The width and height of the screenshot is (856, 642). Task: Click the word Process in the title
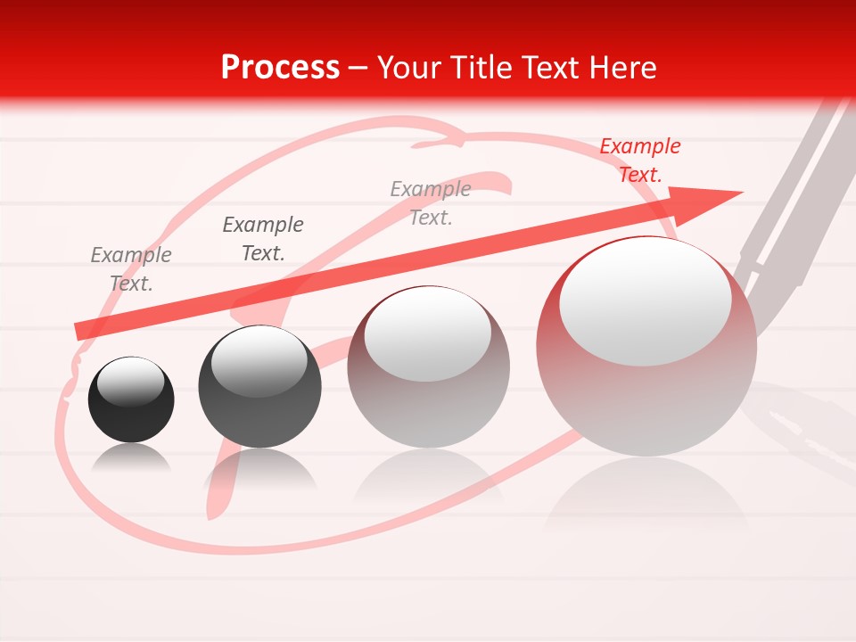(280, 68)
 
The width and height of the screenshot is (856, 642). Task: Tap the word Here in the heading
(621, 68)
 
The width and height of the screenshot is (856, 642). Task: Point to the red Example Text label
(639, 160)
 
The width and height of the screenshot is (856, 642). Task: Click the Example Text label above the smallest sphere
(131, 269)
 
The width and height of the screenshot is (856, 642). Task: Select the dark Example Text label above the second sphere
(263, 239)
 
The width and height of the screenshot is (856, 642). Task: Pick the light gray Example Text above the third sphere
(431, 203)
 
